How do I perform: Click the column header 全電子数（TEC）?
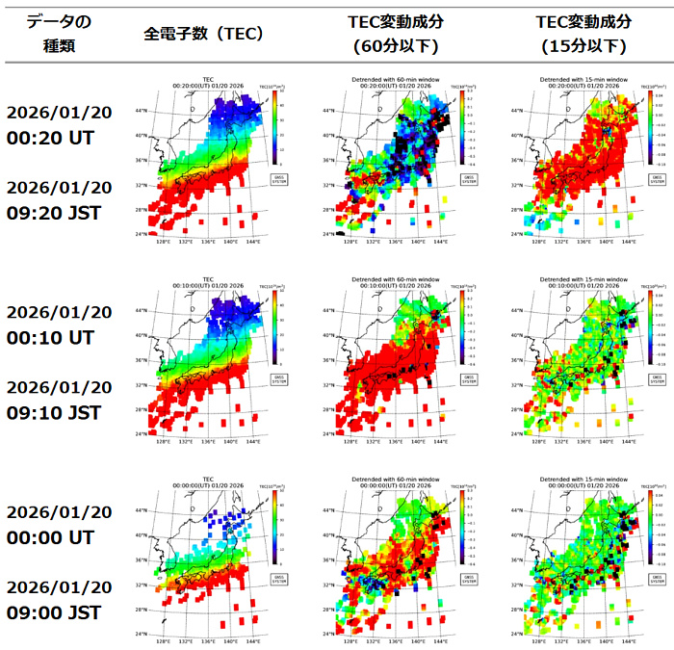(204, 34)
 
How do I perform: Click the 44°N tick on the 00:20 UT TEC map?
(142, 112)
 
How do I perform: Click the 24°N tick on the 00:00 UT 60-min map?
(329, 633)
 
